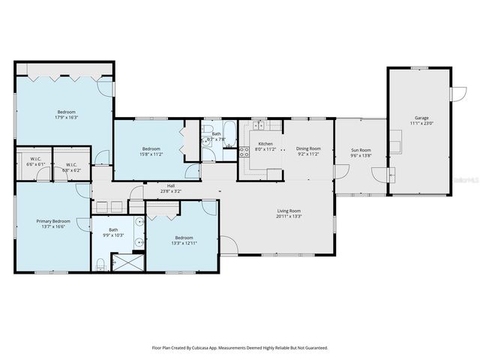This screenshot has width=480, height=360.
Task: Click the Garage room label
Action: tap(422, 118)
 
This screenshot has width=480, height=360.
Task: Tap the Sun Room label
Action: tap(361, 150)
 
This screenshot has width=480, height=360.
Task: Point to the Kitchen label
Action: tap(266, 143)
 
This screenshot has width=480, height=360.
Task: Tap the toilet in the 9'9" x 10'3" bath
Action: tap(100, 263)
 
